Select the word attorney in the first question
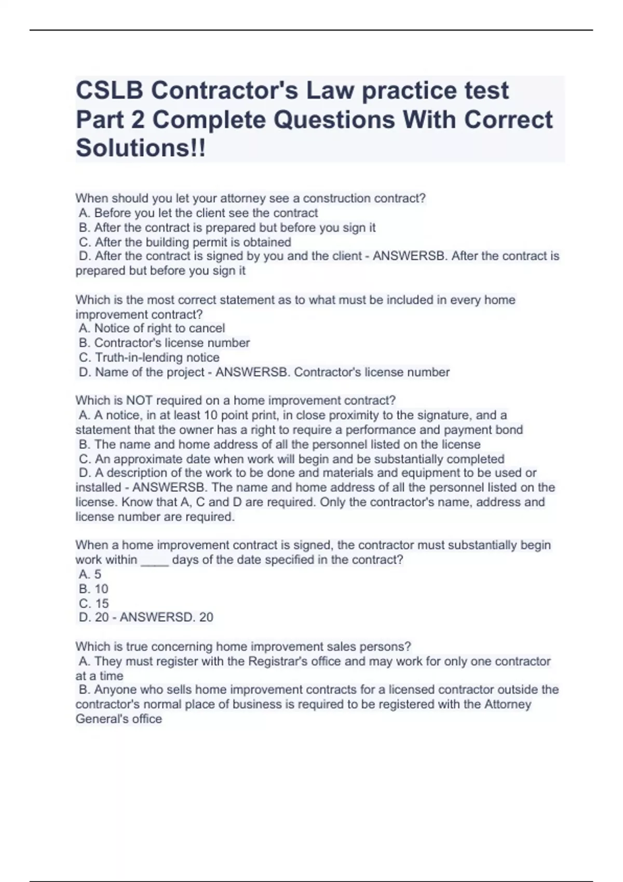(x=247, y=198)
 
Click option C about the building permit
(x=185, y=242)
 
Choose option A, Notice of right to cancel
(x=152, y=328)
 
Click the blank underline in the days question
(x=155, y=560)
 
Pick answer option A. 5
(x=90, y=574)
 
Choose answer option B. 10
(x=93, y=589)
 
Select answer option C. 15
(x=94, y=603)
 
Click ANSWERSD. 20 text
(x=166, y=617)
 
